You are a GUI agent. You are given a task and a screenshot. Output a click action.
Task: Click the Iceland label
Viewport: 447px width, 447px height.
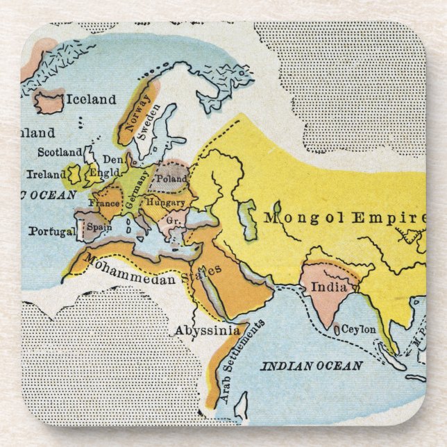(x=90, y=100)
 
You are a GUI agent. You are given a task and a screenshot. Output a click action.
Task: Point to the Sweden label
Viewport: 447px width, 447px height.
(x=149, y=124)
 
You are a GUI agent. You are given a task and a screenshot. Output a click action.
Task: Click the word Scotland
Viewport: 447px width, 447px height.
(x=59, y=153)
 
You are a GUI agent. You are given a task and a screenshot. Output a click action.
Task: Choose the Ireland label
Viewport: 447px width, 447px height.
(x=47, y=175)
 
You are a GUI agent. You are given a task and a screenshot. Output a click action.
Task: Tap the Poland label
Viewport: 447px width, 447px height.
(x=171, y=178)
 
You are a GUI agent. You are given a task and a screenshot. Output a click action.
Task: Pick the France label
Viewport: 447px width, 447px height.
(x=103, y=204)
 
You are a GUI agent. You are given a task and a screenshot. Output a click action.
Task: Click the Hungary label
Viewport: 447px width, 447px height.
(x=165, y=202)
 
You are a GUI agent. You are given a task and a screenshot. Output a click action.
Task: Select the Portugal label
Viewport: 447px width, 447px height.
(x=51, y=231)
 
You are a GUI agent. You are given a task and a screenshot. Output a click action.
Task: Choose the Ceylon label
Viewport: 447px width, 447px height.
(x=358, y=329)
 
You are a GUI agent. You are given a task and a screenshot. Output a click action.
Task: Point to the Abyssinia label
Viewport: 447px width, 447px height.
(x=206, y=330)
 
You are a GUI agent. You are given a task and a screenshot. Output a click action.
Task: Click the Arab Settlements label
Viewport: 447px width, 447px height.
(x=242, y=362)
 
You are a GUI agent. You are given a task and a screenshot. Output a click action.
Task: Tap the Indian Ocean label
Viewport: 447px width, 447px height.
(x=311, y=366)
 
